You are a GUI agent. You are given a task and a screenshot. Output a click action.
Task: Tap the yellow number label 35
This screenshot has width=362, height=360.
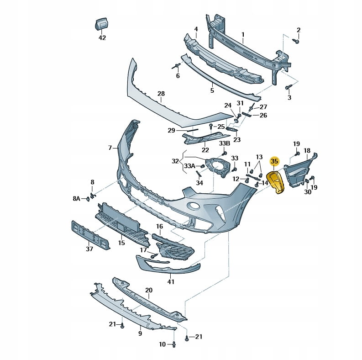(x=274, y=161)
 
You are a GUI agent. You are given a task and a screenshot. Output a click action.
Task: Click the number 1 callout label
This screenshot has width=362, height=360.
(x=243, y=34)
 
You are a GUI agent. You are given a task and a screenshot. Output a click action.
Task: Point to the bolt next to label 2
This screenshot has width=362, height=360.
(x=295, y=41)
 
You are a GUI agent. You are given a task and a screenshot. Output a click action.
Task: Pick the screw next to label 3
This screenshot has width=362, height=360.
(x=289, y=87)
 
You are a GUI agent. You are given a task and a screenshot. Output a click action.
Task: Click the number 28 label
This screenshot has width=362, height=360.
(x=161, y=94)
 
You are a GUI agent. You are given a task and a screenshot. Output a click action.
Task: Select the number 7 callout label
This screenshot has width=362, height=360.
(x=110, y=148)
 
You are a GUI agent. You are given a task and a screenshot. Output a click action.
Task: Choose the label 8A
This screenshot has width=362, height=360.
(x=76, y=198)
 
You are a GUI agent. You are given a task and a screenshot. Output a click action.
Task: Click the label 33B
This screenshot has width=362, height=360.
(x=224, y=143)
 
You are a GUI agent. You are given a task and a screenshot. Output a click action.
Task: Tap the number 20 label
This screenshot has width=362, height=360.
(x=149, y=290)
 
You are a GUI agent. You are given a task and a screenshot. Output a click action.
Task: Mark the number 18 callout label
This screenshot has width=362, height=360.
(x=307, y=151)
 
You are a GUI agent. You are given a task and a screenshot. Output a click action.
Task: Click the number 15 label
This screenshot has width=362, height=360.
(x=121, y=243)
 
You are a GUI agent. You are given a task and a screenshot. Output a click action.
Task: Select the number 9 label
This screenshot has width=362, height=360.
(x=140, y=334)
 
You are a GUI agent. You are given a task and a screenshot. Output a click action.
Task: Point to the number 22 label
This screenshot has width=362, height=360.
(x=205, y=149)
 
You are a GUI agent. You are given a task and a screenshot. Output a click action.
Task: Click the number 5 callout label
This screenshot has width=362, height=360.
(x=212, y=90)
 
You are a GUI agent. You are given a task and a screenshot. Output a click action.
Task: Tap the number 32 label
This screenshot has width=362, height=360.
(x=175, y=161)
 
